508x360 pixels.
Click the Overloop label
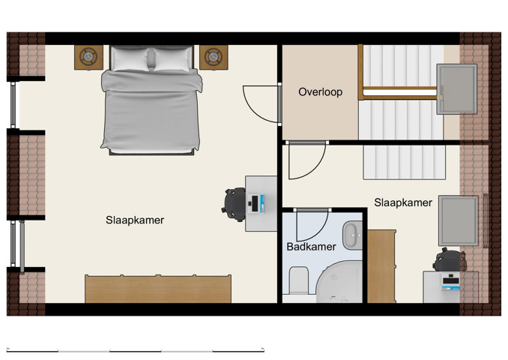pos(320,92)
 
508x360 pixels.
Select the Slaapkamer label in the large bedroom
pos(134,220)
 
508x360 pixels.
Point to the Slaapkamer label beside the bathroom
pos(402,202)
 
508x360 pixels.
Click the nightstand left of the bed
pos(89,57)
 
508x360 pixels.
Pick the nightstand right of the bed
pos(214,57)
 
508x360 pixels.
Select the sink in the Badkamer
pos(351,235)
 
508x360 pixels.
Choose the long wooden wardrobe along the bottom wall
pos(158,289)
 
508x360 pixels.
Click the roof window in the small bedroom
pos(458,220)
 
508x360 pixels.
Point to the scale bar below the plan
pos(134,349)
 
